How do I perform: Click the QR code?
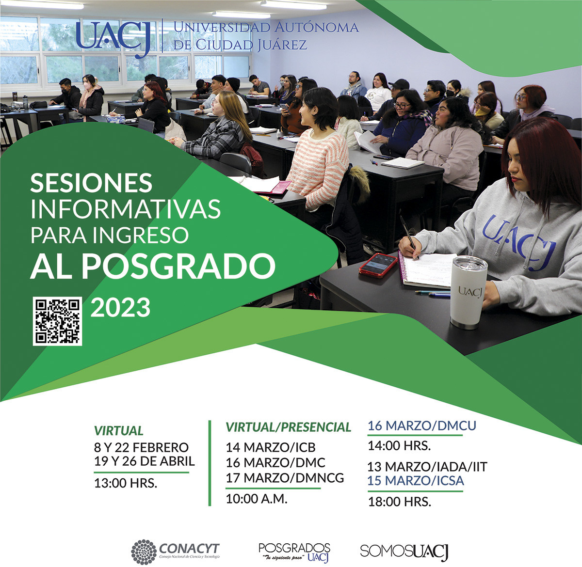click(57, 321)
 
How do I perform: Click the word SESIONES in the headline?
click(91, 183)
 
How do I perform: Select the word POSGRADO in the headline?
click(178, 266)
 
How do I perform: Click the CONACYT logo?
click(176, 551)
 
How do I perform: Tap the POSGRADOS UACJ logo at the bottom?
click(294, 552)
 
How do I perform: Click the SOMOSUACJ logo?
click(404, 551)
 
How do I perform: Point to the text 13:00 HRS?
click(126, 483)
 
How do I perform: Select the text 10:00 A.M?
click(257, 499)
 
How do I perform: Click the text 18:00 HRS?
click(399, 502)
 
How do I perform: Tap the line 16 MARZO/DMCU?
click(421, 426)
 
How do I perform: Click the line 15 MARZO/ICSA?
click(415, 481)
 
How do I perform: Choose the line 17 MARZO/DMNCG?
click(285, 478)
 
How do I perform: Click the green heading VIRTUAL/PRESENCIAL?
click(288, 427)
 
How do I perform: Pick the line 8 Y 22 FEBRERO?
click(141, 447)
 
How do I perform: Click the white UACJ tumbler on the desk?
click(468, 292)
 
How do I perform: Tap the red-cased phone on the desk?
click(379, 265)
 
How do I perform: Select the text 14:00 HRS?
click(399, 445)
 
